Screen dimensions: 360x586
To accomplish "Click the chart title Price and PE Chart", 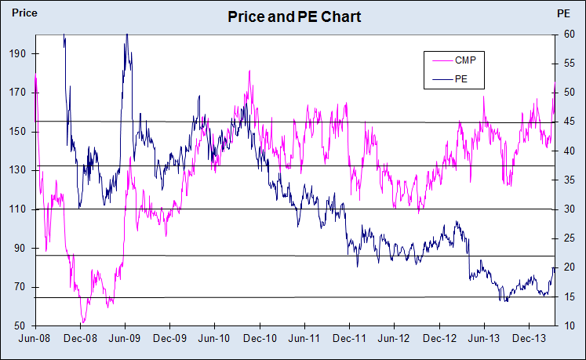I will tap(293, 16).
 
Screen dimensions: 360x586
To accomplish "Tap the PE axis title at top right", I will tap(562, 13).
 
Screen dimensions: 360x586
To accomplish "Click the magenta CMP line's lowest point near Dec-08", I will tap(82, 322).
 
